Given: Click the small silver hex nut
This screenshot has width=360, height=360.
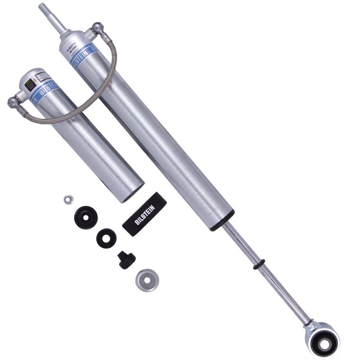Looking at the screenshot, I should (x=68, y=199).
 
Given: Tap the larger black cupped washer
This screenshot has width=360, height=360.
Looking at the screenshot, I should (x=85, y=217).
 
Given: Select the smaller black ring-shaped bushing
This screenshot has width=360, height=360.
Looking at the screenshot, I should (x=106, y=238).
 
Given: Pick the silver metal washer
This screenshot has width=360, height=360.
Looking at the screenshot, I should (x=146, y=280).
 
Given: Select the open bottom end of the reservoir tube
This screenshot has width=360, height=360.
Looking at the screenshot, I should (x=131, y=193).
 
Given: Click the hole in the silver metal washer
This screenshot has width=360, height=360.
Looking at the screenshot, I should (x=146, y=280).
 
